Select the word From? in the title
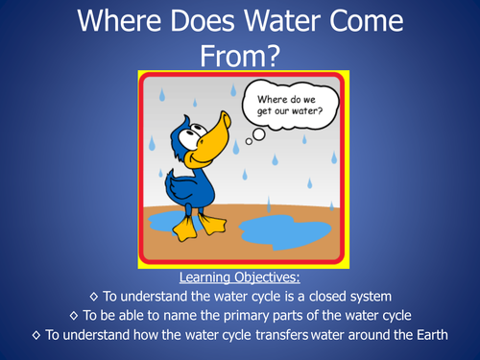[240, 56]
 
